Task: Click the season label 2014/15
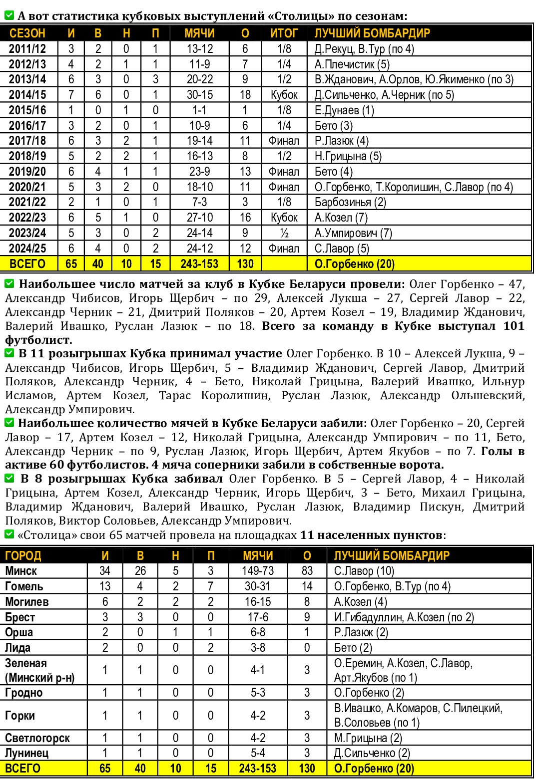click(27, 95)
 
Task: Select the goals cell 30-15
click(200, 95)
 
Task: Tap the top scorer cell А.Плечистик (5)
click(352, 64)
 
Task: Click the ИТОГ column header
click(284, 33)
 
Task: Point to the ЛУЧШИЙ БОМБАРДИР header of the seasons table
click(372, 33)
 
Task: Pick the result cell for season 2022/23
click(284, 218)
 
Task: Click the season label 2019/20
click(27, 172)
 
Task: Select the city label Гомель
click(24, 586)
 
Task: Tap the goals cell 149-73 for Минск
click(258, 571)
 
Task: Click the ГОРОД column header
click(23, 555)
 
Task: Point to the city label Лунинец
click(27, 753)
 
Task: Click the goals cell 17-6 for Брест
click(258, 617)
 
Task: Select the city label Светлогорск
click(37, 738)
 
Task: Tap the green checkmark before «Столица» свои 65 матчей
click(9, 534)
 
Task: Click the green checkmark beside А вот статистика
click(9, 15)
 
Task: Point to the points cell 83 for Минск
click(307, 571)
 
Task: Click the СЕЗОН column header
click(27, 33)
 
